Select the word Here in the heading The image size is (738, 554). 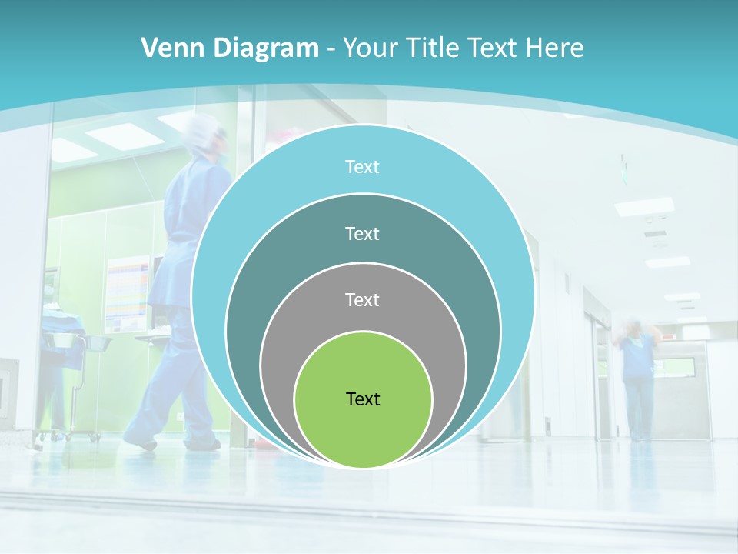554,48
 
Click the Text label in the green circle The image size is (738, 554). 363,399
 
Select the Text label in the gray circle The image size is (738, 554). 363,300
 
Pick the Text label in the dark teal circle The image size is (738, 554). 363,233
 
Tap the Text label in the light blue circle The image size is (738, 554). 363,167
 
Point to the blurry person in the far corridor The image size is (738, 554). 637,377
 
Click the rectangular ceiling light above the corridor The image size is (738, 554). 644,206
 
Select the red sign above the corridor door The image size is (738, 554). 670,337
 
